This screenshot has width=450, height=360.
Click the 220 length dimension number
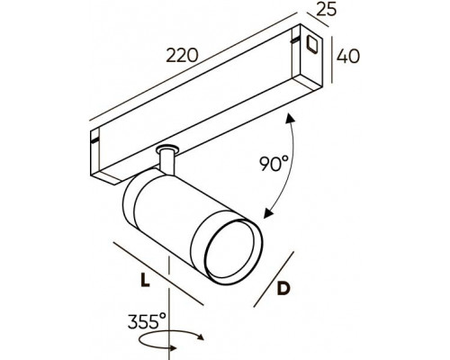pyautogui.click(x=182, y=56)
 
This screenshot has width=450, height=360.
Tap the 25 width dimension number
pyautogui.click(x=327, y=10)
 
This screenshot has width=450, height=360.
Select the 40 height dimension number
pyautogui.click(x=347, y=57)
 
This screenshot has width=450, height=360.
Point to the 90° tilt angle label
pyautogui.click(x=274, y=164)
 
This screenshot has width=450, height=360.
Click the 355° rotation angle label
pyautogui.click(x=147, y=321)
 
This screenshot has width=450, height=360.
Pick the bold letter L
pyautogui.click(x=145, y=280)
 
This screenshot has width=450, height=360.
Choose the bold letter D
pyautogui.click(x=283, y=289)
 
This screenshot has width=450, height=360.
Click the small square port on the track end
pyautogui.click(x=313, y=44)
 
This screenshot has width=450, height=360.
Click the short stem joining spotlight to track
pyautogui.click(x=166, y=161)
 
